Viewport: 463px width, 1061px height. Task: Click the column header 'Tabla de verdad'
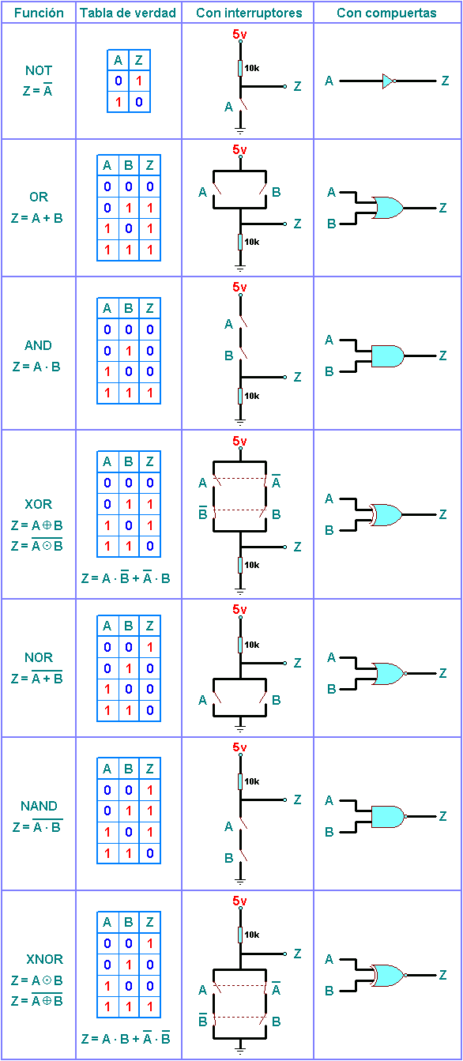click(x=128, y=13)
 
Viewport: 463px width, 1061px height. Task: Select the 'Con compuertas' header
click(x=386, y=13)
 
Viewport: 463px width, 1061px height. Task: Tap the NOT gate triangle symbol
click(x=389, y=81)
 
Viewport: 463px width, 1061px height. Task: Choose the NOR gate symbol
click(x=390, y=674)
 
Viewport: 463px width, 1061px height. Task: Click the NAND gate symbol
click(x=389, y=817)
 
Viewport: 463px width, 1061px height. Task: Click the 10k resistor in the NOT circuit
click(x=240, y=68)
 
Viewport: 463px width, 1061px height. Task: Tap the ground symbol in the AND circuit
click(x=240, y=420)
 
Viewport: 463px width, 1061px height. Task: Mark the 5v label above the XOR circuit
click(x=239, y=441)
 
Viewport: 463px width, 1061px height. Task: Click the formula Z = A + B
click(x=37, y=218)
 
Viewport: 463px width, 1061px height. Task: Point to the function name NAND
click(x=39, y=806)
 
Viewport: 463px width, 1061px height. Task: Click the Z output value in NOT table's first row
click(x=139, y=81)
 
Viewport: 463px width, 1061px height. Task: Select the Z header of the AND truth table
click(x=150, y=308)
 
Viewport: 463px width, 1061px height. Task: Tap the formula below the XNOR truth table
click(x=126, y=1038)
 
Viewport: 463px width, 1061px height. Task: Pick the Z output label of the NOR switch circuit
click(x=298, y=663)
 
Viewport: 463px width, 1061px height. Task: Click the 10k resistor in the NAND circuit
click(x=240, y=781)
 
